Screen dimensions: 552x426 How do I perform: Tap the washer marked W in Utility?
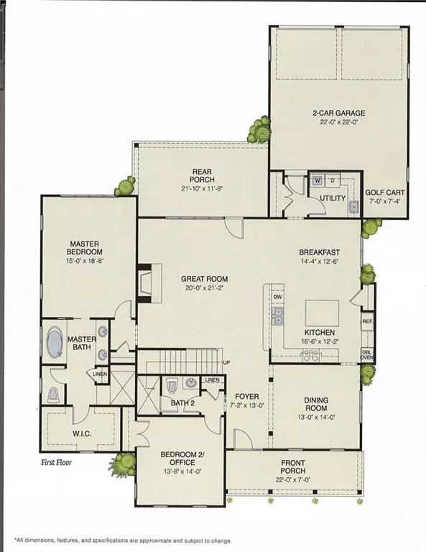tap(316, 180)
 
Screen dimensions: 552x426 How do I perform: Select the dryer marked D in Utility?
tap(332, 180)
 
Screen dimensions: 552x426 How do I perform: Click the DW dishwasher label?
tap(278, 296)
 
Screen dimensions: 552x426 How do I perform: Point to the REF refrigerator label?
tap(367, 322)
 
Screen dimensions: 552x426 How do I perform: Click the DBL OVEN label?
tap(366, 355)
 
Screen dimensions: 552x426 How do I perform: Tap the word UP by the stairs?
tap(227, 362)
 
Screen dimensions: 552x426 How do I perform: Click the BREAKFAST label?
tap(319, 252)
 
